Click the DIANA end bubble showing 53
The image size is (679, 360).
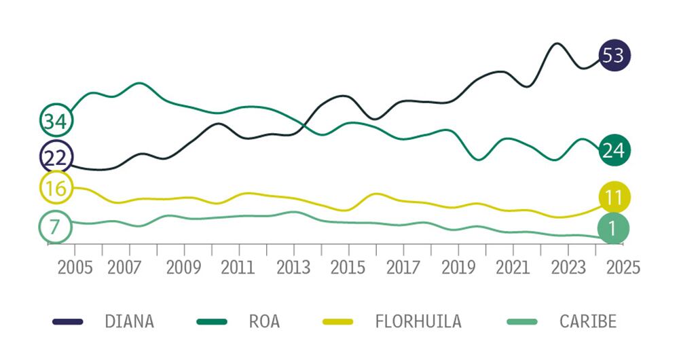[614, 55]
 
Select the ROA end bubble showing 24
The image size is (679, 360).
[614, 151]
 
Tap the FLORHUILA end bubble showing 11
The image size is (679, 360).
[614, 198]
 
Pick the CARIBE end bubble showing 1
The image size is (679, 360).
[614, 229]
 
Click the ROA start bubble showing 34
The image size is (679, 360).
[56, 122]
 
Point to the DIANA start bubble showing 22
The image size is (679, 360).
[56, 158]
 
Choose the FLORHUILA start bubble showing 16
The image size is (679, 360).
[56, 188]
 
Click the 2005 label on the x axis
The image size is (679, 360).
[75, 266]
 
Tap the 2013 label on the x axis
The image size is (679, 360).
[293, 266]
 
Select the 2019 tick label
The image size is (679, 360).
[458, 266]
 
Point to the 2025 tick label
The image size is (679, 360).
[623, 266]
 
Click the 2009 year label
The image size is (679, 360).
[183, 266]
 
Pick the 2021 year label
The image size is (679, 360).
[513, 266]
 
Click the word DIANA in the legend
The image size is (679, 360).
[129, 321]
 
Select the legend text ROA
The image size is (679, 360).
[264, 321]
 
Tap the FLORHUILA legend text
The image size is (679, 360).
[418, 321]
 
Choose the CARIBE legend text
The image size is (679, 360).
[588, 321]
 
